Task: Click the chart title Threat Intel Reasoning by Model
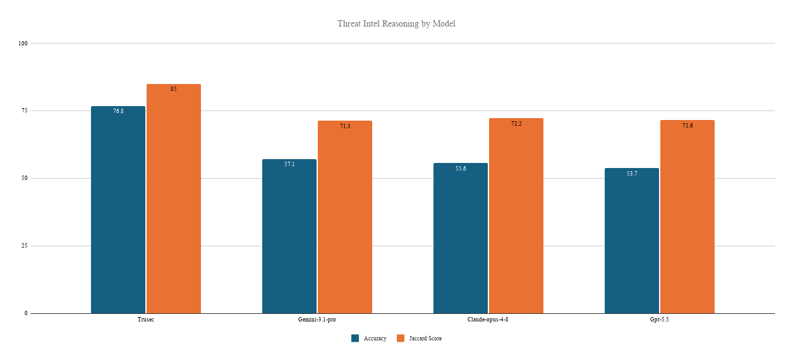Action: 396,24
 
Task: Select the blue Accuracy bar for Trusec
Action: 118,210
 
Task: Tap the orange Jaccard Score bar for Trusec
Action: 174,198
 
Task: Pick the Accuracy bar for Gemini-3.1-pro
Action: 289,236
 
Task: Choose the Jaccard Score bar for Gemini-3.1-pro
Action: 345,217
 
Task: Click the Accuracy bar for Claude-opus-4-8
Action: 461,238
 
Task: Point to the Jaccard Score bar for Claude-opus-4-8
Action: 516,216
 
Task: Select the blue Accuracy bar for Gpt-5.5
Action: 632,241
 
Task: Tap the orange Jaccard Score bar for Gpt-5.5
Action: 687,217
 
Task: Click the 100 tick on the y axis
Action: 23,43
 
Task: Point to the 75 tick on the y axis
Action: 25,111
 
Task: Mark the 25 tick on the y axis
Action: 25,246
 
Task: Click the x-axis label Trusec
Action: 146,320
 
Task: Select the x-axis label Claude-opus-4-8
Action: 488,320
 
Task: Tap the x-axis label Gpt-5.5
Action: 660,320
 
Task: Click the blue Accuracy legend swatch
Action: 355,338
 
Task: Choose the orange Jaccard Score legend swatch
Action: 401,338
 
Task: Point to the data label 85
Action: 174,89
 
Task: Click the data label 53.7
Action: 632,174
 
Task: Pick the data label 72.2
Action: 516,124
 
